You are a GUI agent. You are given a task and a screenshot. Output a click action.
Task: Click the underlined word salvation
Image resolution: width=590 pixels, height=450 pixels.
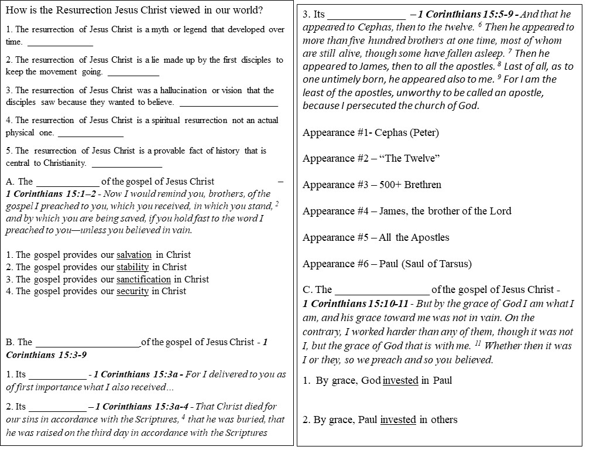pos(134,255)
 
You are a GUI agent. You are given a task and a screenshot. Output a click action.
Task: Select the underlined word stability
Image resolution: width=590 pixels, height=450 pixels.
pos(133,267)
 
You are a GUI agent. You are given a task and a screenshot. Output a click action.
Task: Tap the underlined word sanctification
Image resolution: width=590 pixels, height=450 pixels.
pos(144,279)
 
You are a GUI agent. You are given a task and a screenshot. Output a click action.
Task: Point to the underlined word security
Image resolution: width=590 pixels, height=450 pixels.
pos(132,291)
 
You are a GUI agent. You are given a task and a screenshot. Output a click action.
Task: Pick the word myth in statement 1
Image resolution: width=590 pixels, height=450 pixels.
pos(160,29)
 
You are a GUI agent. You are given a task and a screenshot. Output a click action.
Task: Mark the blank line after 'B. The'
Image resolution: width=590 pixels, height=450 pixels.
pos(88,343)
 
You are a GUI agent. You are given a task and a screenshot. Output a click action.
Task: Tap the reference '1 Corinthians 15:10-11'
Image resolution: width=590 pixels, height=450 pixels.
pos(354,304)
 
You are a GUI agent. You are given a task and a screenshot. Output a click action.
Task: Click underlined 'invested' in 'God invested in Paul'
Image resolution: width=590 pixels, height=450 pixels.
pos(400,381)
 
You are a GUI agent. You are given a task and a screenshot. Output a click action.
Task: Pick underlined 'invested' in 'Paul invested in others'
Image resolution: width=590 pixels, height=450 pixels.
pos(398,420)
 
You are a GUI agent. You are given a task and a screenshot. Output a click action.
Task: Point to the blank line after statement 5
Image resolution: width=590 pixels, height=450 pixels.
pos(127,163)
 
